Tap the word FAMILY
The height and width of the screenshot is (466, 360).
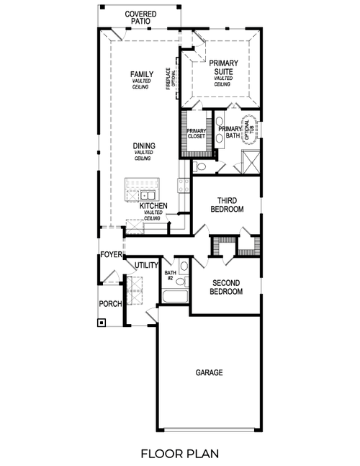pos(141,74)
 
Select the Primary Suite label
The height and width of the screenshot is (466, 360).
pos(223,68)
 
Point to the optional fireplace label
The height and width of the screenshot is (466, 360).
pos(169,78)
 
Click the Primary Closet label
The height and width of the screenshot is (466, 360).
pos(197,133)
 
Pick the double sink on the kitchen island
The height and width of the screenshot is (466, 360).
pos(149,194)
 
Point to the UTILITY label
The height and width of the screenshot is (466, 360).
pos(146,266)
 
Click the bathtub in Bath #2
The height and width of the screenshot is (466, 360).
pos(175,297)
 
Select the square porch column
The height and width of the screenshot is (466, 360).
pos(102,322)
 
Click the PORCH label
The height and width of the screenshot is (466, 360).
pos(110,303)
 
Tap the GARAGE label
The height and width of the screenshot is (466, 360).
pos(209,372)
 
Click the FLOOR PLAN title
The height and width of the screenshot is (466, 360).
pos(180,454)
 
